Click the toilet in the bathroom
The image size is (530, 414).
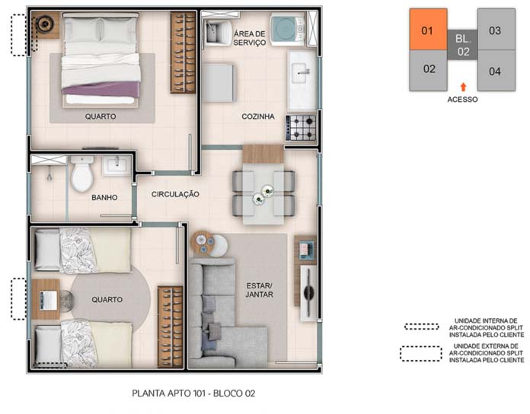coord(81,174)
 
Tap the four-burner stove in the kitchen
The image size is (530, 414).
coord(301,128)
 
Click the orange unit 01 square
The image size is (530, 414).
coord(428,30)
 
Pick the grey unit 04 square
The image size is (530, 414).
coord(496,71)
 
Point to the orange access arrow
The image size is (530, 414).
coord(463,87)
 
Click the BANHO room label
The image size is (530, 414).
coord(104,198)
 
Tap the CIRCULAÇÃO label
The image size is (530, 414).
coord(175,195)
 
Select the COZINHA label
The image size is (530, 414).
coord(258,116)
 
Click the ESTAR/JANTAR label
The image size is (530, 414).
coord(259,290)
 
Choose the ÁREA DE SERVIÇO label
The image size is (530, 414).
coord(250,38)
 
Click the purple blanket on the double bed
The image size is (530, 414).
coord(101,90)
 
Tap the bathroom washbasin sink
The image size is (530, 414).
coord(117,166)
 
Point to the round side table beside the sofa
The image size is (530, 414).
coord(203,243)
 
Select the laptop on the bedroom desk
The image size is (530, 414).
coord(48,300)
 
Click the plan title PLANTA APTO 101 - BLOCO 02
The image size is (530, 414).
coord(193,393)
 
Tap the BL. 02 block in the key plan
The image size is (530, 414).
coord(462,45)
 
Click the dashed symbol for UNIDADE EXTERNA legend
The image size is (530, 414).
coord(421,354)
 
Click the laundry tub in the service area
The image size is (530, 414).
coord(218,30)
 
